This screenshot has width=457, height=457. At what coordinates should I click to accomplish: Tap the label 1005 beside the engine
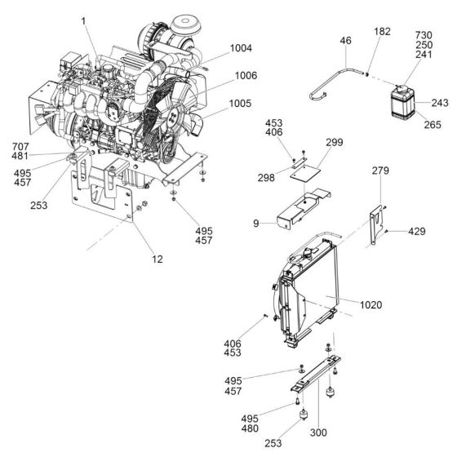coord(242,104)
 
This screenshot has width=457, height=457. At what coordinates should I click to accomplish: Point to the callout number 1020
coord(370,304)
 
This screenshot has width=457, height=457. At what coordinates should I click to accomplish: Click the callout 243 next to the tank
coord(440,104)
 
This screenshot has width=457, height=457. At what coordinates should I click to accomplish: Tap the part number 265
coord(432,124)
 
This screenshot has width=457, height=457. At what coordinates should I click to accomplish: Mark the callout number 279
coord(379,171)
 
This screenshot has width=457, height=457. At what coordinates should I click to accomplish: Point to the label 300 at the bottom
coord(319,432)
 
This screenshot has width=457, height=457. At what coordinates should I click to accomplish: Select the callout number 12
coord(157,260)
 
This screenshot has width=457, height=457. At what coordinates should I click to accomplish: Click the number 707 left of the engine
coord(20,147)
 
